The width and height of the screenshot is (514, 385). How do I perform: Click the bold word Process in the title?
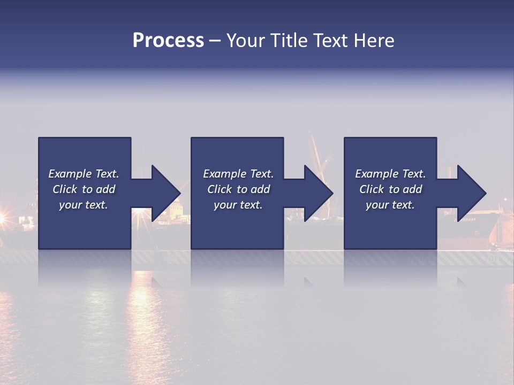tap(168, 41)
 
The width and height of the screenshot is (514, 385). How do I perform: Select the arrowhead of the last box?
tap(471, 193)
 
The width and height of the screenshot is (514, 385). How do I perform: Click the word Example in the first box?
tap(70, 174)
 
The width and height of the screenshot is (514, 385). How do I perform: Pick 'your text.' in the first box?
tap(84, 205)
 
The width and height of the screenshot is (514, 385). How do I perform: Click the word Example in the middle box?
tap(225, 174)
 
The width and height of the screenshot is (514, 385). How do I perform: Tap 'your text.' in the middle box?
tap(238, 205)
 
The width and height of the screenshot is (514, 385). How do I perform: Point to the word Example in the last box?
tap(377, 174)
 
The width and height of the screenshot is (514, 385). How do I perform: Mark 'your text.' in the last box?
tap(390, 205)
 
